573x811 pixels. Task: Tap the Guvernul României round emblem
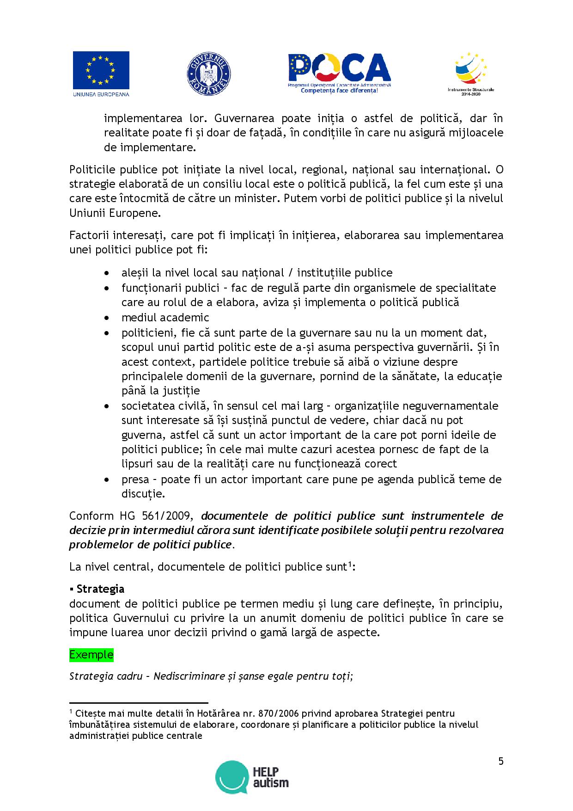(x=209, y=74)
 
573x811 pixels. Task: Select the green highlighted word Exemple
(x=91, y=654)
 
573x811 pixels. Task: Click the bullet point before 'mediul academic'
(x=107, y=318)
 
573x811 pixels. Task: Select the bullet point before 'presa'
(x=107, y=479)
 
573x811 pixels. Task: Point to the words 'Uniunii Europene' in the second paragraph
(x=114, y=213)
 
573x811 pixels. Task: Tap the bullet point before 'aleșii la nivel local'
(x=107, y=273)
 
